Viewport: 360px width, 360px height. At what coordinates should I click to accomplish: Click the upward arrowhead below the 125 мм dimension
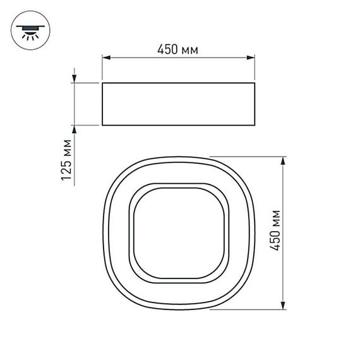75,129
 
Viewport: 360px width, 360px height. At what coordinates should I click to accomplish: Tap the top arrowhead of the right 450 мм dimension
284,160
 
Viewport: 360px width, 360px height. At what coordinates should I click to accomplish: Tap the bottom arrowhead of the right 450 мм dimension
284,307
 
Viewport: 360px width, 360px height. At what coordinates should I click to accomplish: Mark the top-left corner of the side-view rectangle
102,82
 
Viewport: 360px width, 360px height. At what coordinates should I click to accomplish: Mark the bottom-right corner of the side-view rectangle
255,126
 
